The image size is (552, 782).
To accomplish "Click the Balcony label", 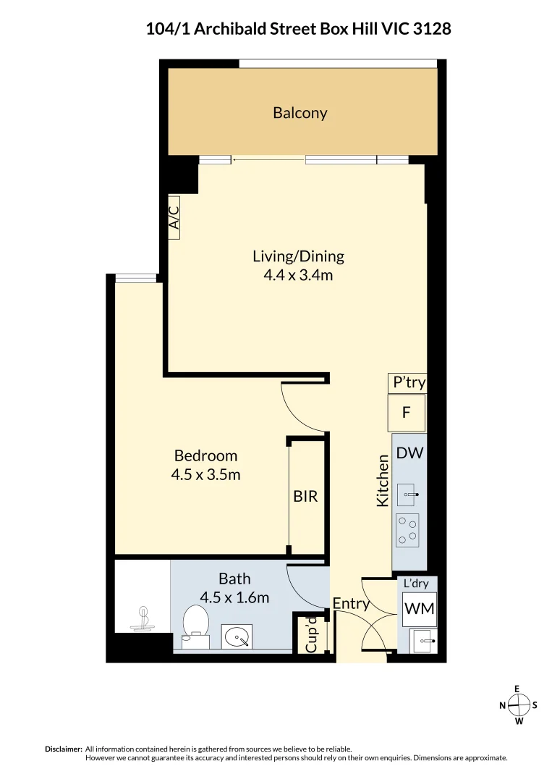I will click(x=300, y=113).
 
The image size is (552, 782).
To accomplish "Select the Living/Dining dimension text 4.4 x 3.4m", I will click(x=298, y=275).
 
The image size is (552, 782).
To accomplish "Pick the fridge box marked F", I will click(x=407, y=413).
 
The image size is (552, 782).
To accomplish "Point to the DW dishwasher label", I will click(x=409, y=454).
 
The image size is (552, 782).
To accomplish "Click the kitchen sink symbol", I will click(x=409, y=496).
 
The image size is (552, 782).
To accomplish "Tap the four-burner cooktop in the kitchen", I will click(x=408, y=530).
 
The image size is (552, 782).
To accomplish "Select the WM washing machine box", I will click(x=419, y=609).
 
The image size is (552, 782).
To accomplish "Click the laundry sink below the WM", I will click(x=423, y=640).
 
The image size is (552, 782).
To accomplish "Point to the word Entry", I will click(x=351, y=603).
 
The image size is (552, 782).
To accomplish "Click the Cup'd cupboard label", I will click(x=312, y=635).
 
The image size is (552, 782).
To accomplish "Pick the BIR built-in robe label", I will click(x=305, y=497).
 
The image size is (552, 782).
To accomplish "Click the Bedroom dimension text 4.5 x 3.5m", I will click(x=205, y=475).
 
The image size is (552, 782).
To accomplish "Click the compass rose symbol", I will click(x=518, y=705).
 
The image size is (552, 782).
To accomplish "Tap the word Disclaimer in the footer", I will click(x=64, y=749).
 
